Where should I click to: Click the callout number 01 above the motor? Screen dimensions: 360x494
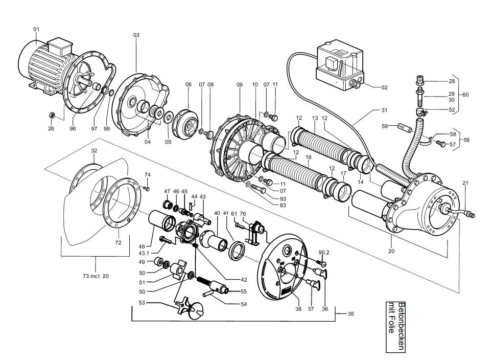pyautogui.click(x=36, y=30)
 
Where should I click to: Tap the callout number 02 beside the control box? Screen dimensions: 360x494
pyautogui.click(x=384, y=87)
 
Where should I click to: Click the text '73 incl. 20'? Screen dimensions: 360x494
pyautogui.click(x=95, y=276)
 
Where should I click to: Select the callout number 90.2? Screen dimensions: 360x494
pyautogui.click(x=323, y=253)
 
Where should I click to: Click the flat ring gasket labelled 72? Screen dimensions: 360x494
pyautogui.click(x=121, y=202)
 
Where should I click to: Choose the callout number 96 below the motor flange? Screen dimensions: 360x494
pyautogui.click(x=73, y=129)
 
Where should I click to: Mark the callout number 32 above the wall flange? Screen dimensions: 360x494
pyautogui.click(x=94, y=151)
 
